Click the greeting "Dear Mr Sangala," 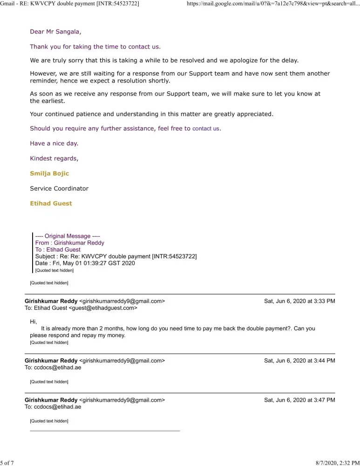pos(55,32)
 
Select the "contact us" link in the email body pos(205,129)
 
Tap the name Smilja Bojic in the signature pos(49,173)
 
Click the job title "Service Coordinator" pos(59,189)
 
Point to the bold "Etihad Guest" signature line pos(51,204)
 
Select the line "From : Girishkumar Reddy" pos(70,243)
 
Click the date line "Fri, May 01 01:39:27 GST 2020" pos(85,263)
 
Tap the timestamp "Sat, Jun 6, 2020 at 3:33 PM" pos(299,301)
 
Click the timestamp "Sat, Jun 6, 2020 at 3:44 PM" pos(299,360)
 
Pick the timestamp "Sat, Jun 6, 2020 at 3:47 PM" pos(299,400)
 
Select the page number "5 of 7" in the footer pos(7,462)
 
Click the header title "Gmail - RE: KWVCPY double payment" pos(70,4)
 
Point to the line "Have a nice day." pos(54,144)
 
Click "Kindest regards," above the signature pos(54,158)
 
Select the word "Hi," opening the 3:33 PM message pos(33,322)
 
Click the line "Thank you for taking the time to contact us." pos(95,47)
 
